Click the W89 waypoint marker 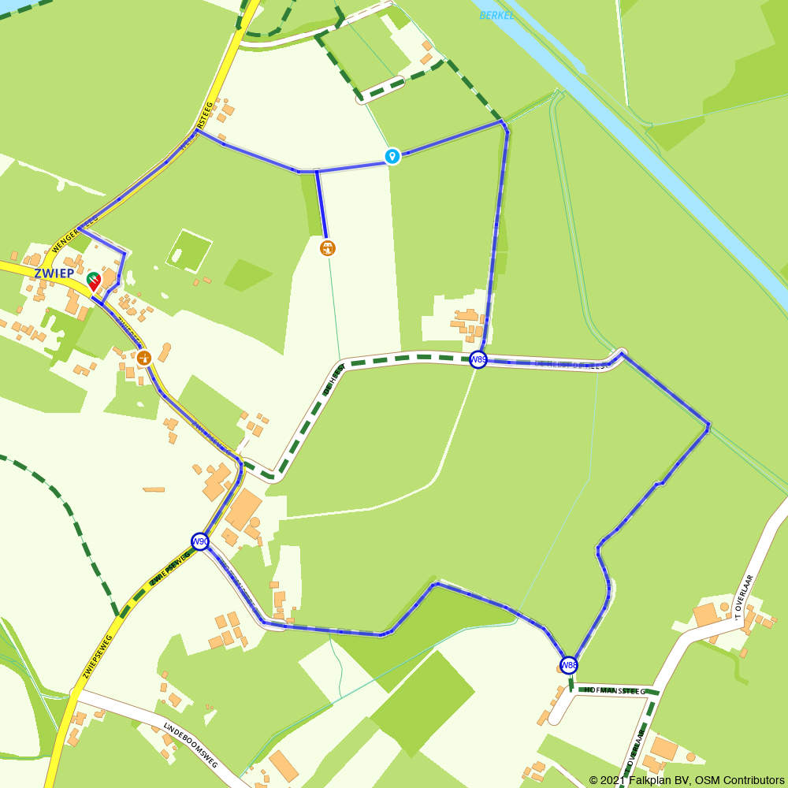point(478,360)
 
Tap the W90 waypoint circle point(200,541)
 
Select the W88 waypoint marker point(569,665)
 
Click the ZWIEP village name point(54,273)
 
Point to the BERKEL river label point(496,15)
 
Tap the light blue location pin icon point(392,156)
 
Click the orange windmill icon point(144,358)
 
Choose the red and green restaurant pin point(93,280)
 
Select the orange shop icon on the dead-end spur point(328,248)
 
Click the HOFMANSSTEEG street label point(615,691)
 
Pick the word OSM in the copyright point(701,780)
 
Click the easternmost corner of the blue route point(708,427)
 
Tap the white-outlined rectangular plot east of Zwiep point(189,250)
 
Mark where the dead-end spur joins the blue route point(317,170)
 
